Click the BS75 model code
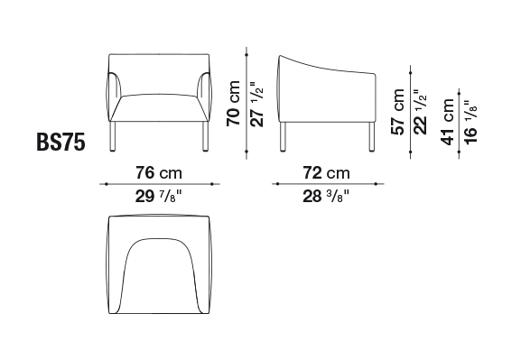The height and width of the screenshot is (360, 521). pyautogui.click(x=60, y=142)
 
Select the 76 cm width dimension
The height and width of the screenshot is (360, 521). pyautogui.click(x=159, y=173)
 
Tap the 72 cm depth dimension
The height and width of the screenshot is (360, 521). pyautogui.click(x=326, y=173)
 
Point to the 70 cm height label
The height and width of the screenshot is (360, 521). pyautogui.click(x=233, y=103)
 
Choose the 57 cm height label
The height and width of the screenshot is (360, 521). pyautogui.click(x=397, y=112)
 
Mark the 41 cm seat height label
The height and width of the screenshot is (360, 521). pyautogui.click(x=447, y=122)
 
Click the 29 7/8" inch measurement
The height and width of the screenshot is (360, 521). pyautogui.click(x=159, y=197)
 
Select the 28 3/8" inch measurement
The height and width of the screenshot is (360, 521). pyautogui.click(x=326, y=197)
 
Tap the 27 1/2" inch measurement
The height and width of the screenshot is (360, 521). pyautogui.click(x=256, y=104)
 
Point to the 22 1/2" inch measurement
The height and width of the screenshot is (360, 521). pyautogui.click(x=421, y=112)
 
